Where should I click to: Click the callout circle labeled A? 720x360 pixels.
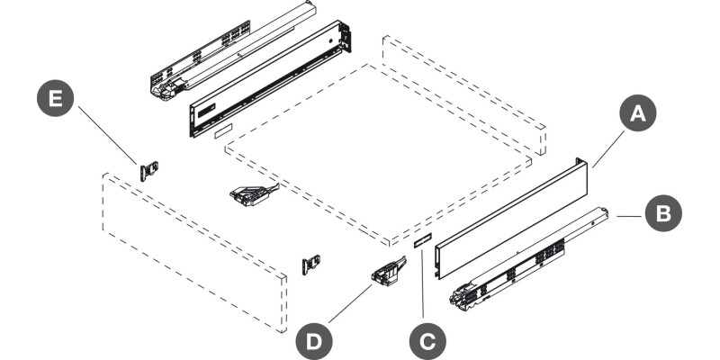tap(638, 113)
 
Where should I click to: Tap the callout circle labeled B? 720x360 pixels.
tap(663, 213)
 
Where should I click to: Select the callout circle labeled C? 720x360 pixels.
tap(427, 342)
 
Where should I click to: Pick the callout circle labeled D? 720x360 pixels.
tap(314, 342)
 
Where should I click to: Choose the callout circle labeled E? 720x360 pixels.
tap(56, 98)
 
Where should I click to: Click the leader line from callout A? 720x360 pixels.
tap(608, 149)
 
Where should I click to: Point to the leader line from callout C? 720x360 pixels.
tap(422, 283)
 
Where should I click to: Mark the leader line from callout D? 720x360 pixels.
tap(350, 303)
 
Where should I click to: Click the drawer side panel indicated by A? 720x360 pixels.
tap(511, 218)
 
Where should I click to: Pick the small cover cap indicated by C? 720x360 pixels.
tap(422, 240)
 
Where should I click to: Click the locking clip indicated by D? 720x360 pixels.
tap(388, 272)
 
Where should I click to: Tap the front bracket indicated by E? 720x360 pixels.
tap(148, 171)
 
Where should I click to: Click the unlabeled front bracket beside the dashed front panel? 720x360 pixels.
tap(310, 265)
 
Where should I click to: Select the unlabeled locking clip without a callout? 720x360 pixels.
tap(254, 194)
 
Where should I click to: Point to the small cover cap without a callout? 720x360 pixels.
tap(223, 130)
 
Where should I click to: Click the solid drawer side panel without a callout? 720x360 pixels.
tap(270, 78)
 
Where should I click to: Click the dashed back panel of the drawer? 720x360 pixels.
tap(464, 95)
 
